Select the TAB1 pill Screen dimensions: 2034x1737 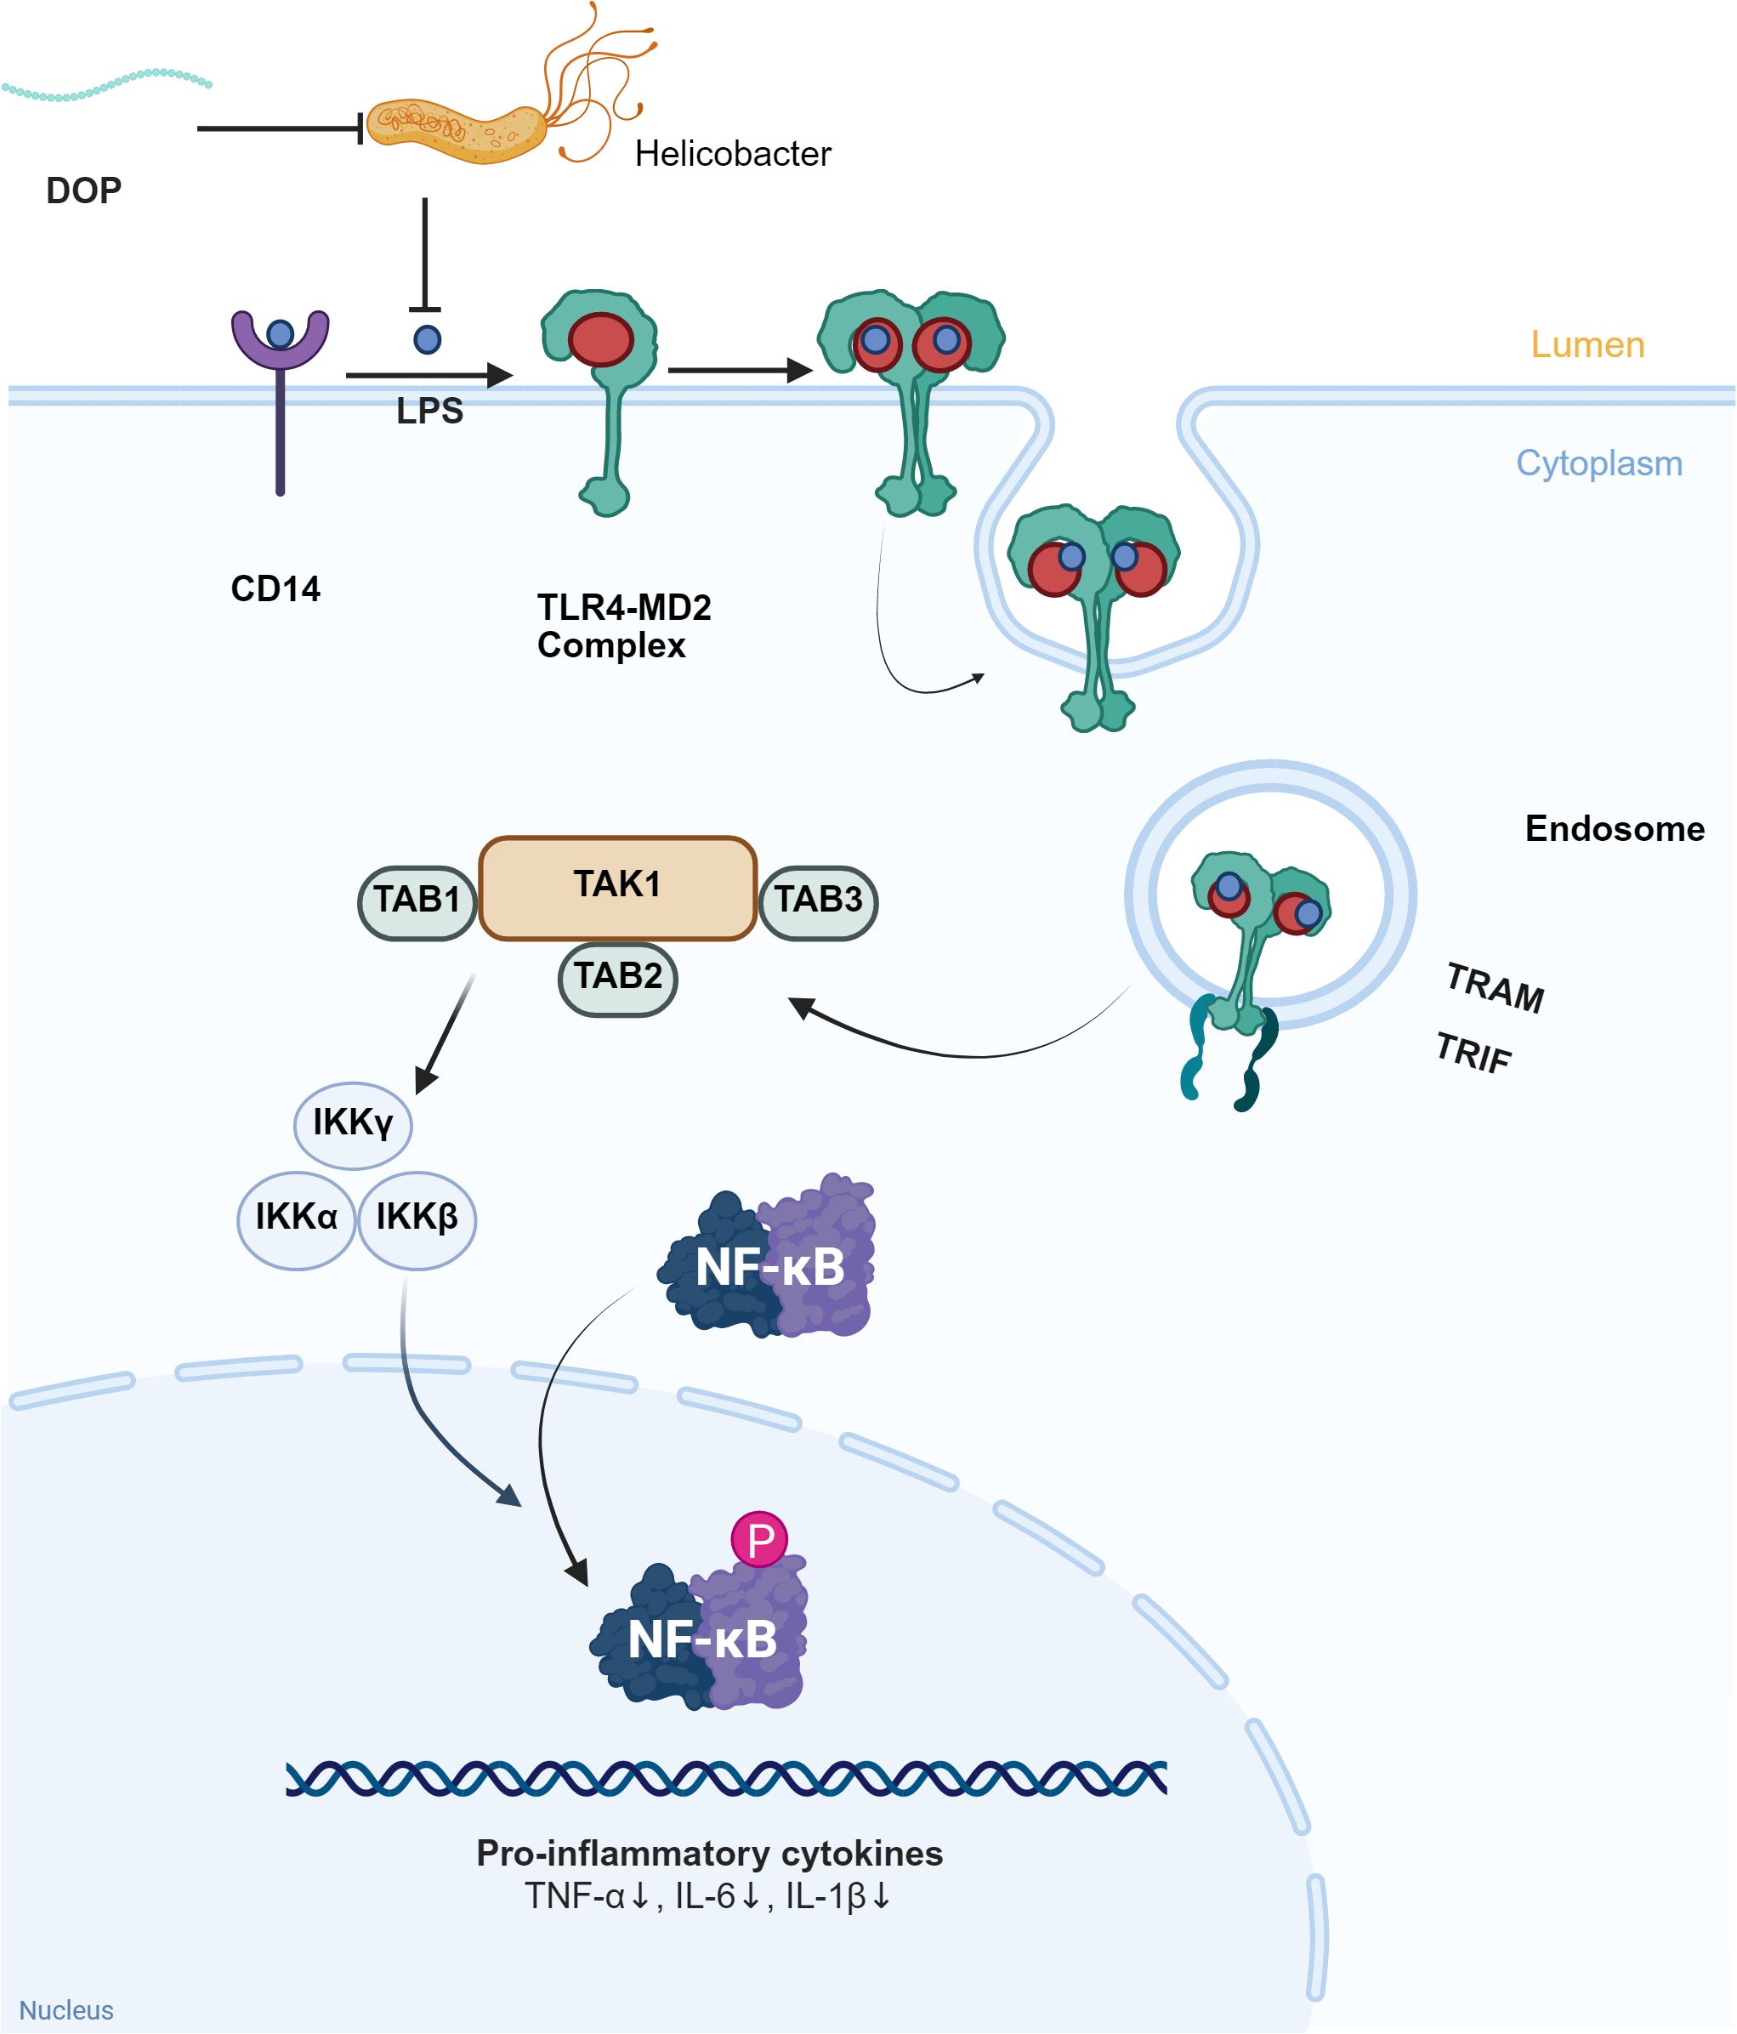click(417, 902)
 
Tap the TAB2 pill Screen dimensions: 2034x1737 click(617, 979)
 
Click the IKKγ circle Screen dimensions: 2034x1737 click(354, 1124)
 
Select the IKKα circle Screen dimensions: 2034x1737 click(297, 1219)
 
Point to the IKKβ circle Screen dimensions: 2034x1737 click(417, 1219)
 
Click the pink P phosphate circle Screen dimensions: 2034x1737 click(759, 1539)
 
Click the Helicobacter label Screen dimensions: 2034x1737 click(732, 154)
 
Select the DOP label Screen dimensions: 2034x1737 click(83, 190)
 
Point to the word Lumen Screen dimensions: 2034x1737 click(1587, 344)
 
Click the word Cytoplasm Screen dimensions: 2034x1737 click(1598, 463)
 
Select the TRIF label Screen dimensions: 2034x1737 click(1473, 1054)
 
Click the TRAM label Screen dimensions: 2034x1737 click(1495, 987)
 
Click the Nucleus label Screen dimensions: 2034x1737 click(65, 2009)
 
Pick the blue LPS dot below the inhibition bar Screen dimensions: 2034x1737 click(427, 339)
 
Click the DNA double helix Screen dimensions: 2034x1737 click(726, 1778)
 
